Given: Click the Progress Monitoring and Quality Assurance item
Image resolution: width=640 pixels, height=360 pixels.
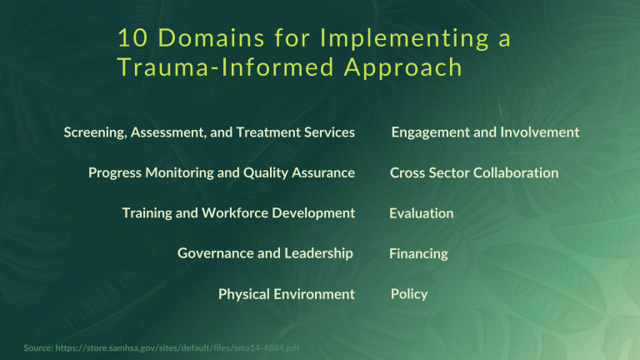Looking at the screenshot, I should (x=222, y=172).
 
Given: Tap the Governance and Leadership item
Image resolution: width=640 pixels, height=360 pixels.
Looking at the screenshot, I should (x=265, y=252).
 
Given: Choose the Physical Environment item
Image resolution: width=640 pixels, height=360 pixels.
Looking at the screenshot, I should (x=286, y=293).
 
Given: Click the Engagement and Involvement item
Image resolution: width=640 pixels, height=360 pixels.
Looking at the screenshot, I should (x=485, y=132).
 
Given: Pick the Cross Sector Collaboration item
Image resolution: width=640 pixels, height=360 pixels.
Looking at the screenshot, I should (x=474, y=172).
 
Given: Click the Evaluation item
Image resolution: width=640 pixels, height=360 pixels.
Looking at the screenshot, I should (x=422, y=213).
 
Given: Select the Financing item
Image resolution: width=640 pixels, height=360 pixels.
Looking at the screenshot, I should (x=418, y=253).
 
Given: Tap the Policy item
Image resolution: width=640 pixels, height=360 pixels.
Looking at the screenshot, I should (x=409, y=293).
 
